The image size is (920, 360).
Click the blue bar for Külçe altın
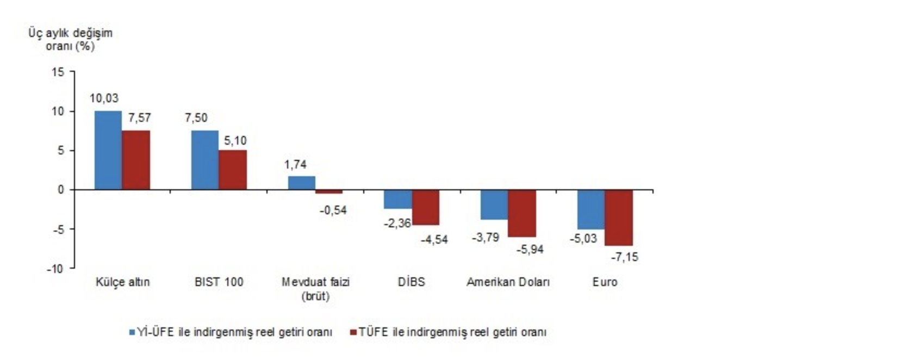(108, 151)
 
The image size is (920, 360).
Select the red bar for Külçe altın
(136, 160)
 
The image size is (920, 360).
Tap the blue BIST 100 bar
(205, 160)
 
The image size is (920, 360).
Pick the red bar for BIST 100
(233, 170)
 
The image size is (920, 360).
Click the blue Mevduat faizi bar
(302, 183)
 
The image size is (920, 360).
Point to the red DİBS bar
(426, 207)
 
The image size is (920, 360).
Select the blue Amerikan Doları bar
(494, 204)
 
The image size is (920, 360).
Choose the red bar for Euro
(619, 218)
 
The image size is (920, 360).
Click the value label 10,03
(104, 98)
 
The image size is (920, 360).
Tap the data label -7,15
(624, 257)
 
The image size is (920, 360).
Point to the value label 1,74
(295, 164)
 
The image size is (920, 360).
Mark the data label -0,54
(333, 210)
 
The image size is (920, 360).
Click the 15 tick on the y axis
(58, 72)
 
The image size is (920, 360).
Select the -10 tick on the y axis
(55, 269)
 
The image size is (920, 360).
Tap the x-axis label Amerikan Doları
(508, 282)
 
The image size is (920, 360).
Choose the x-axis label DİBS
(411, 282)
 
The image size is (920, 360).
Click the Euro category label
(605, 282)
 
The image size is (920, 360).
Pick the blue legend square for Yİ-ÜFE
(132, 332)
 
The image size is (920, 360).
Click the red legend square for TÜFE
(353, 332)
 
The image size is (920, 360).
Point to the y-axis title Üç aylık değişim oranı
(70, 39)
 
